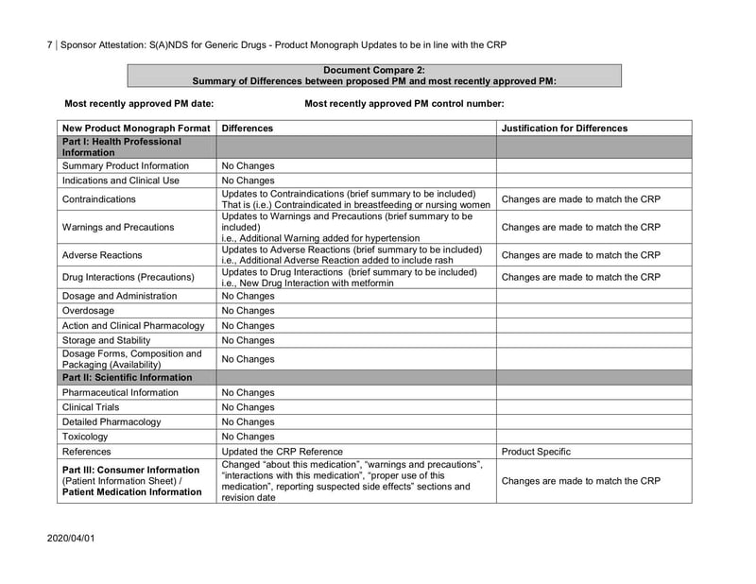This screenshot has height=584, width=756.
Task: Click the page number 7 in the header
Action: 49,44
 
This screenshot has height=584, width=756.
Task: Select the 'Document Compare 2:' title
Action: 373,70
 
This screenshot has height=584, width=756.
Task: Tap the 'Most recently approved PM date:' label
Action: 138,103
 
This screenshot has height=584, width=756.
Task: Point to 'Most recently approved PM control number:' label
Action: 404,103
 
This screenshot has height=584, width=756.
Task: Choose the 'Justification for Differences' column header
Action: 564,128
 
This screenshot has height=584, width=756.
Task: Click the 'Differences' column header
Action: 247,128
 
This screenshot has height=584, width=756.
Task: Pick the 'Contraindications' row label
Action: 98,199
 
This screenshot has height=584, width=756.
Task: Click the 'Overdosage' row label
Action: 90,311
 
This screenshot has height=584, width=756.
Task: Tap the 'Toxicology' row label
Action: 85,437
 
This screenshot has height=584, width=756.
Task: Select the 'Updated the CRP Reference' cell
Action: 282,452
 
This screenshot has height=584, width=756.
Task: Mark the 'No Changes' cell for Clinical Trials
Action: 248,407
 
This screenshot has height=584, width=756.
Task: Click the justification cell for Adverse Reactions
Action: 581,255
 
